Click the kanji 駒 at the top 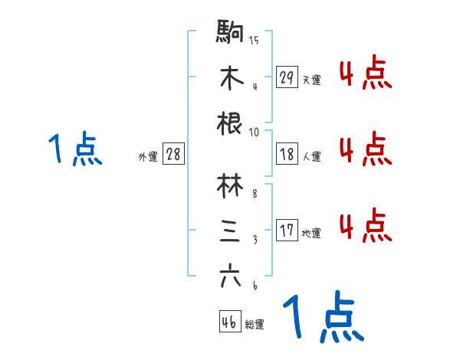(x=230, y=32)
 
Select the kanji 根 (x=230, y=123)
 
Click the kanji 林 (x=230, y=185)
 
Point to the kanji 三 (x=230, y=231)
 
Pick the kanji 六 (x=230, y=277)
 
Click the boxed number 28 (x=173, y=154)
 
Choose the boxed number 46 (x=229, y=322)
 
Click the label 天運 (x=311, y=79)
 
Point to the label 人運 (x=311, y=156)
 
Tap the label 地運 (x=311, y=233)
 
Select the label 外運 (x=147, y=156)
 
